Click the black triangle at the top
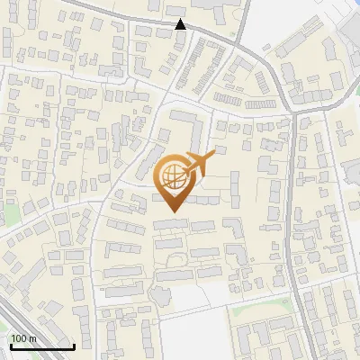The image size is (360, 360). [181, 23]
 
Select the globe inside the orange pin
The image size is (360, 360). [173, 176]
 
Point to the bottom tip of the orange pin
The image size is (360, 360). [173, 211]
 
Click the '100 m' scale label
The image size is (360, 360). [23, 338]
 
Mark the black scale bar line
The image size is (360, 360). [41, 346]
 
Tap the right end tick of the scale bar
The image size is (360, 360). [74, 345]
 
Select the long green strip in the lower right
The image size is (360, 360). [261, 307]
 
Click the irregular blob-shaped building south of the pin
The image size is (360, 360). [160, 294]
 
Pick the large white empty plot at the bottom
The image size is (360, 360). [193, 301]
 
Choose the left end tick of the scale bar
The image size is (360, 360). [10, 345]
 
